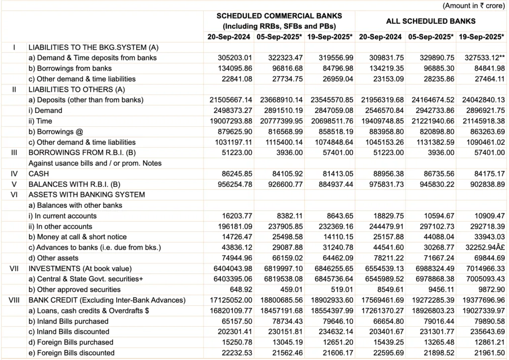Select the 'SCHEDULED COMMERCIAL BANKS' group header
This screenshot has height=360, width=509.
pyautogui.click(x=279, y=16)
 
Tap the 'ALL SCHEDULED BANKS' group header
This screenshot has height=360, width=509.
pyautogui.click(x=430, y=21)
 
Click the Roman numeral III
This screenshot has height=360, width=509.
pyautogui.click(x=14, y=152)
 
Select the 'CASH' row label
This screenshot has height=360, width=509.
pyautogui.click(x=38, y=174)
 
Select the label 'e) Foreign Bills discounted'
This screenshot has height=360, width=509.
pyautogui.click(x=72, y=353)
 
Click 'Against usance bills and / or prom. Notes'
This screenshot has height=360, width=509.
pyautogui.click(x=95, y=163)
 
